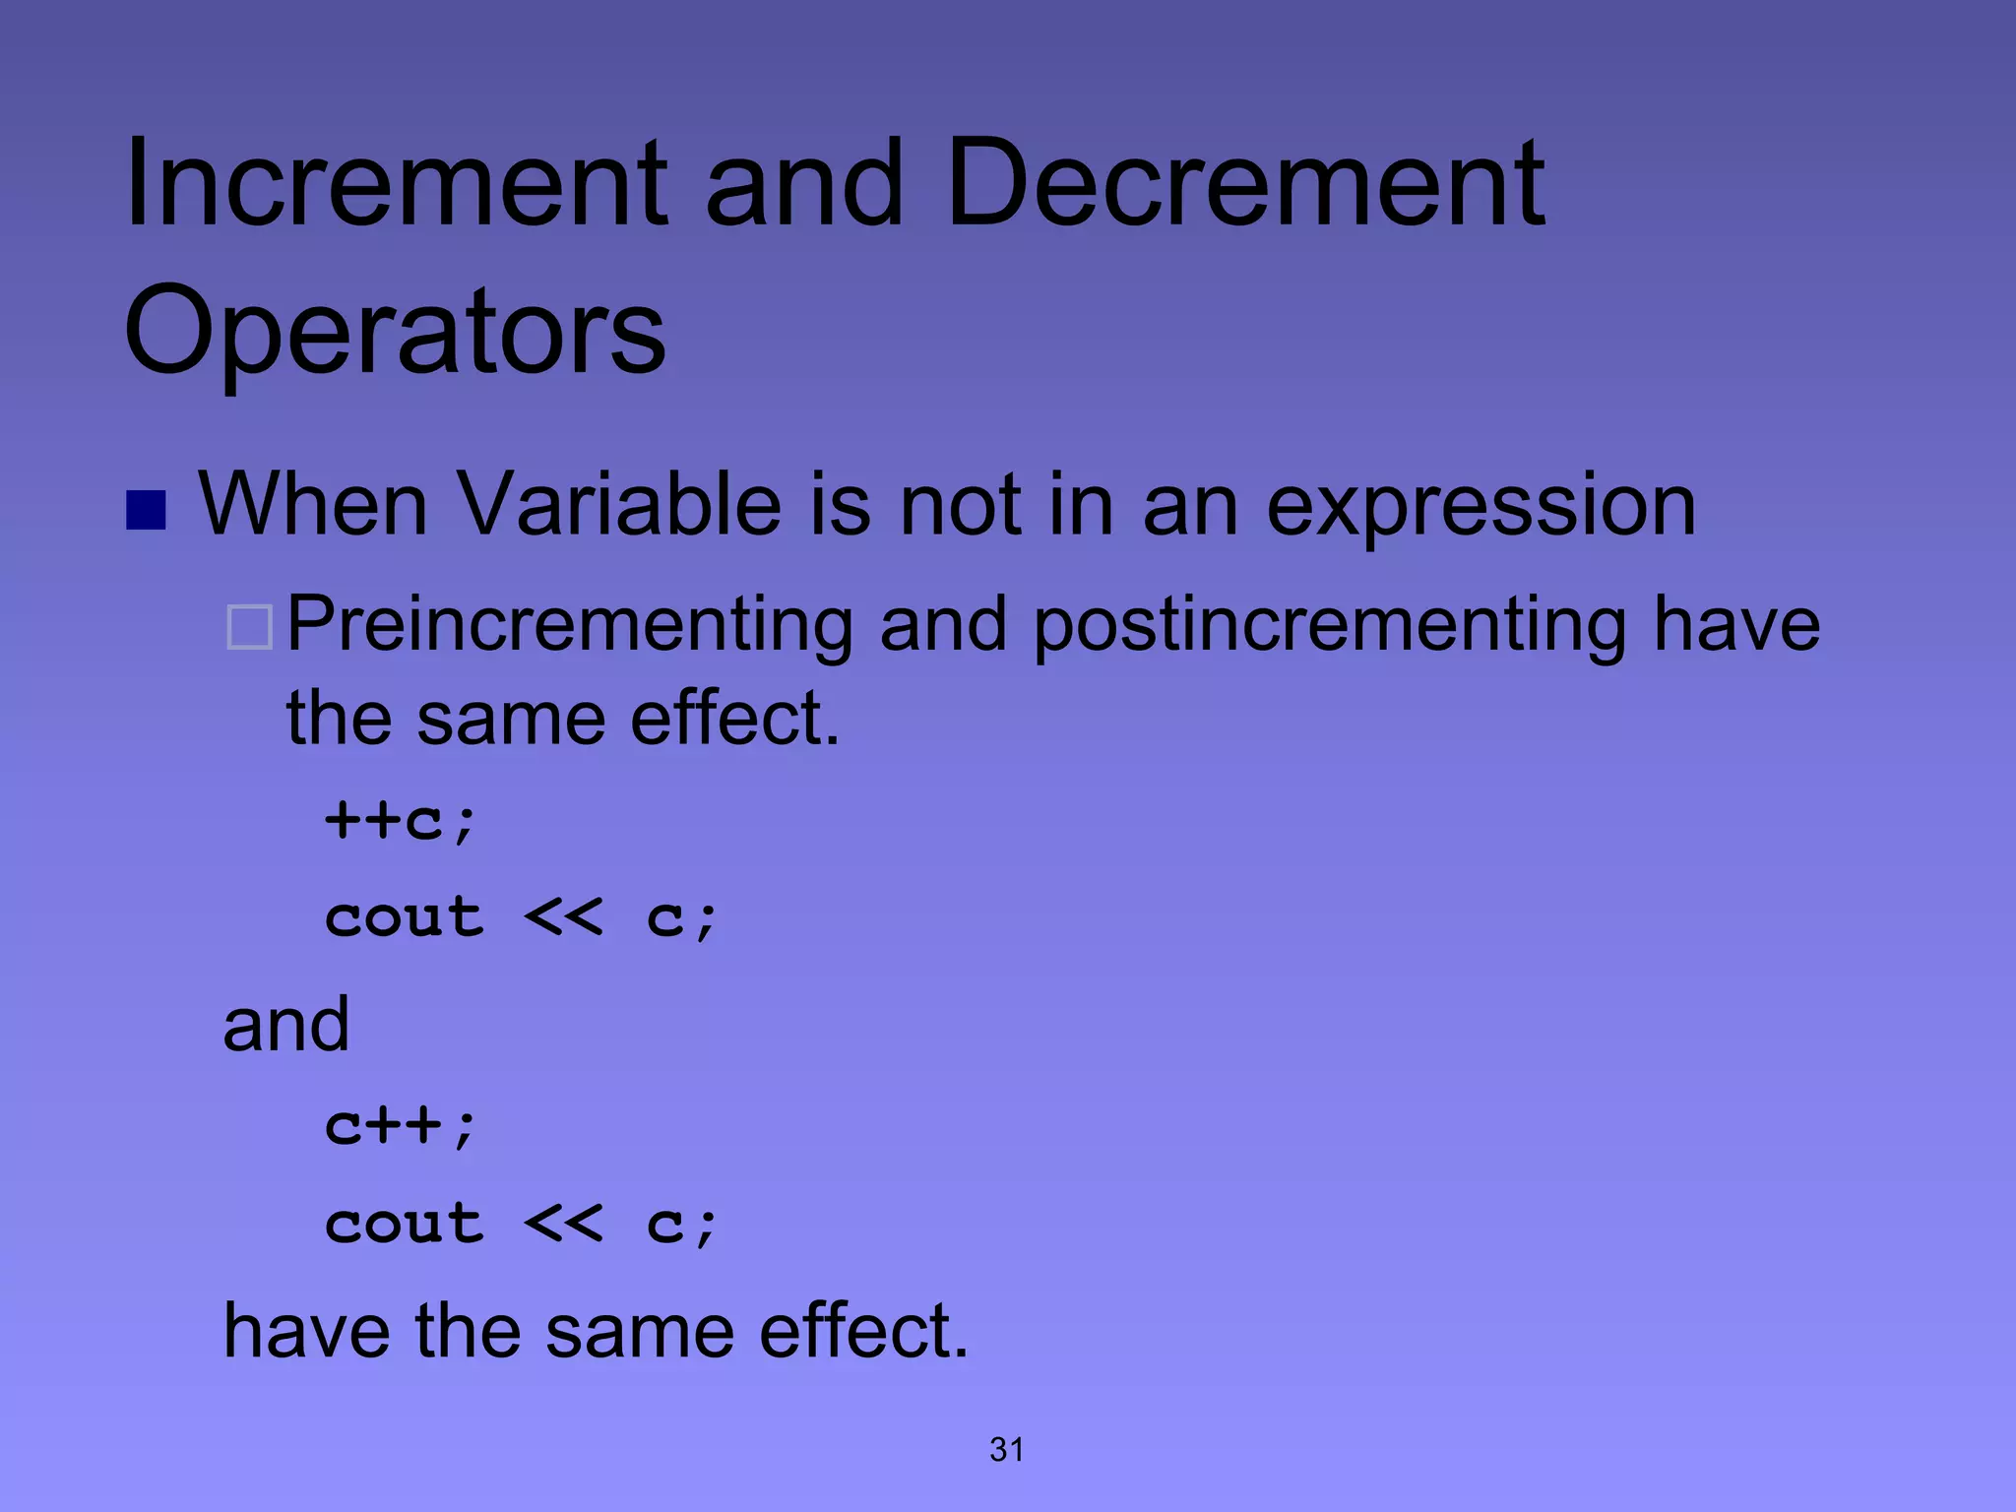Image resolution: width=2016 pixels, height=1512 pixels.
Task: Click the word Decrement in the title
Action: (1244, 184)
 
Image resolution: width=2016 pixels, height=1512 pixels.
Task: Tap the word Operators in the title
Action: (395, 332)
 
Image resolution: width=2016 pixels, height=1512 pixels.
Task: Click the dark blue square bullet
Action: (146, 510)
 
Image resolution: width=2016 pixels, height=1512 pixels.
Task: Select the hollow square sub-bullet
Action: (249, 628)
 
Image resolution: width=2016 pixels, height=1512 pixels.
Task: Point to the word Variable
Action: (620, 504)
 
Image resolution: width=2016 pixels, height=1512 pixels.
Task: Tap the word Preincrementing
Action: (570, 626)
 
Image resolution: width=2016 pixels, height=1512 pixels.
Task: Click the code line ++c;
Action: (402, 820)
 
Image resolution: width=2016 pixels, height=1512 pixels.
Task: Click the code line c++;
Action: (402, 1125)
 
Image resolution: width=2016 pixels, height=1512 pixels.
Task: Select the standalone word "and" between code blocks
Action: (286, 1025)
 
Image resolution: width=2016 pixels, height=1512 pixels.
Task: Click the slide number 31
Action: (1007, 1449)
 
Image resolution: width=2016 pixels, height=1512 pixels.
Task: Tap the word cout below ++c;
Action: (405, 918)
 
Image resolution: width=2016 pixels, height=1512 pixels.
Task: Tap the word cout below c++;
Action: (405, 1225)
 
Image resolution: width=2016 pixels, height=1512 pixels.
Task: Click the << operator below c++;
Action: (563, 1225)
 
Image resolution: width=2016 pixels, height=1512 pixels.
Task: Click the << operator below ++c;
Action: (563, 918)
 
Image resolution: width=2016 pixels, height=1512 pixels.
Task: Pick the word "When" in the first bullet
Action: (313, 504)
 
